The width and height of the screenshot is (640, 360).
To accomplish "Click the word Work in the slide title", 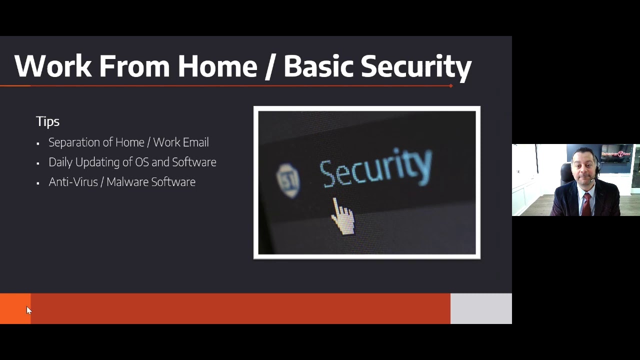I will [x=53, y=66].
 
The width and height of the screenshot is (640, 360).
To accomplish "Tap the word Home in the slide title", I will [x=216, y=66].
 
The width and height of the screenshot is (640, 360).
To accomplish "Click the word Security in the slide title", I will [x=416, y=67].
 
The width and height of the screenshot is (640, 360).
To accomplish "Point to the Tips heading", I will [x=47, y=121].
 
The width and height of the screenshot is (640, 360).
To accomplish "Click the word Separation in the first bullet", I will [x=74, y=142].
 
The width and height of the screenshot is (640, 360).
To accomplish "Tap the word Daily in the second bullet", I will [x=60, y=162].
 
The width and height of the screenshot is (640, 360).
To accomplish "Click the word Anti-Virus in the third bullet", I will [x=73, y=182].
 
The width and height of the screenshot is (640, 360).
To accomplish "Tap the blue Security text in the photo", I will [x=375, y=167].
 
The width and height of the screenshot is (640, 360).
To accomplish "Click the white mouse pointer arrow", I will [x=28, y=310].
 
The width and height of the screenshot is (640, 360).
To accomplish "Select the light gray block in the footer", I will [x=481, y=308].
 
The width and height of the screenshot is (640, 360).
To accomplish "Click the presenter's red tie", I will [x=586, y=202].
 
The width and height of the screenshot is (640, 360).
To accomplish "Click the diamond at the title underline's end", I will [x=451, y=86].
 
